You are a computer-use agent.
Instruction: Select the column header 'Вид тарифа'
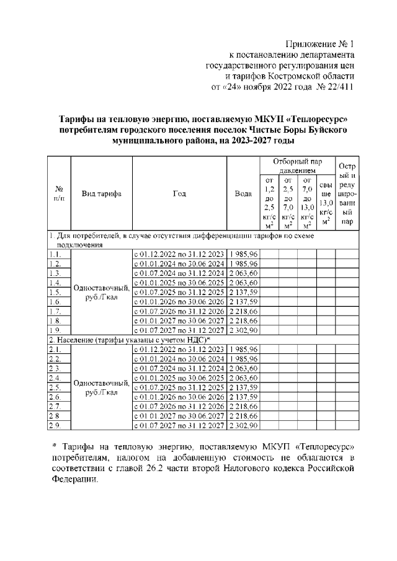(x=102, y=193)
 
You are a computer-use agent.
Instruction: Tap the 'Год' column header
(x=179, y=193)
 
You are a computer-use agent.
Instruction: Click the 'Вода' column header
(x=243, y=193)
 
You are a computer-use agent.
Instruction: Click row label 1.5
(x=55, y=292)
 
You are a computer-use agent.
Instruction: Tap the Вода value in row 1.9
(x=243, y=330)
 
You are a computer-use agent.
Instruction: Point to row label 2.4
(x=55, y=378)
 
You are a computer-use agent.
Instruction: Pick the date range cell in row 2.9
(x=179, y=426)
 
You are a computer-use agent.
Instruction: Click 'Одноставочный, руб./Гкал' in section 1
(x=102, y=292)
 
